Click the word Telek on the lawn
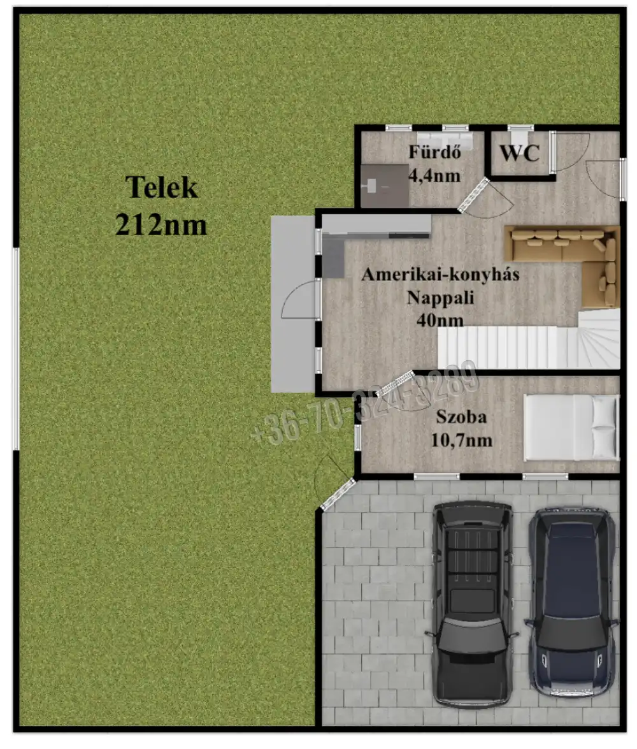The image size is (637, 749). tap(161, 187)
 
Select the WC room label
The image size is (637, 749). tap(520, 154)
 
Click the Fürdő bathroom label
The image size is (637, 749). tap(434, 152)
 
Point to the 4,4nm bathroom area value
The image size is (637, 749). tap(434, 176)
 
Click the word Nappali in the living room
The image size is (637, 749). tap(440, 298)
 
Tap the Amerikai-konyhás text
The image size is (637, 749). tap(440, 275)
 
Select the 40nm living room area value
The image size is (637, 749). tap(440, 319)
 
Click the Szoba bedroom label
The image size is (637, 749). tap(461, 416)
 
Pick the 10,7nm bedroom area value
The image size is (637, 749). tap(461, 440)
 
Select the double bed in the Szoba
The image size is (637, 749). tap(571, 428)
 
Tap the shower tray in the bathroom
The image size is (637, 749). tap(384, 186)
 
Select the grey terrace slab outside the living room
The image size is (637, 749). tap(293, 304)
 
